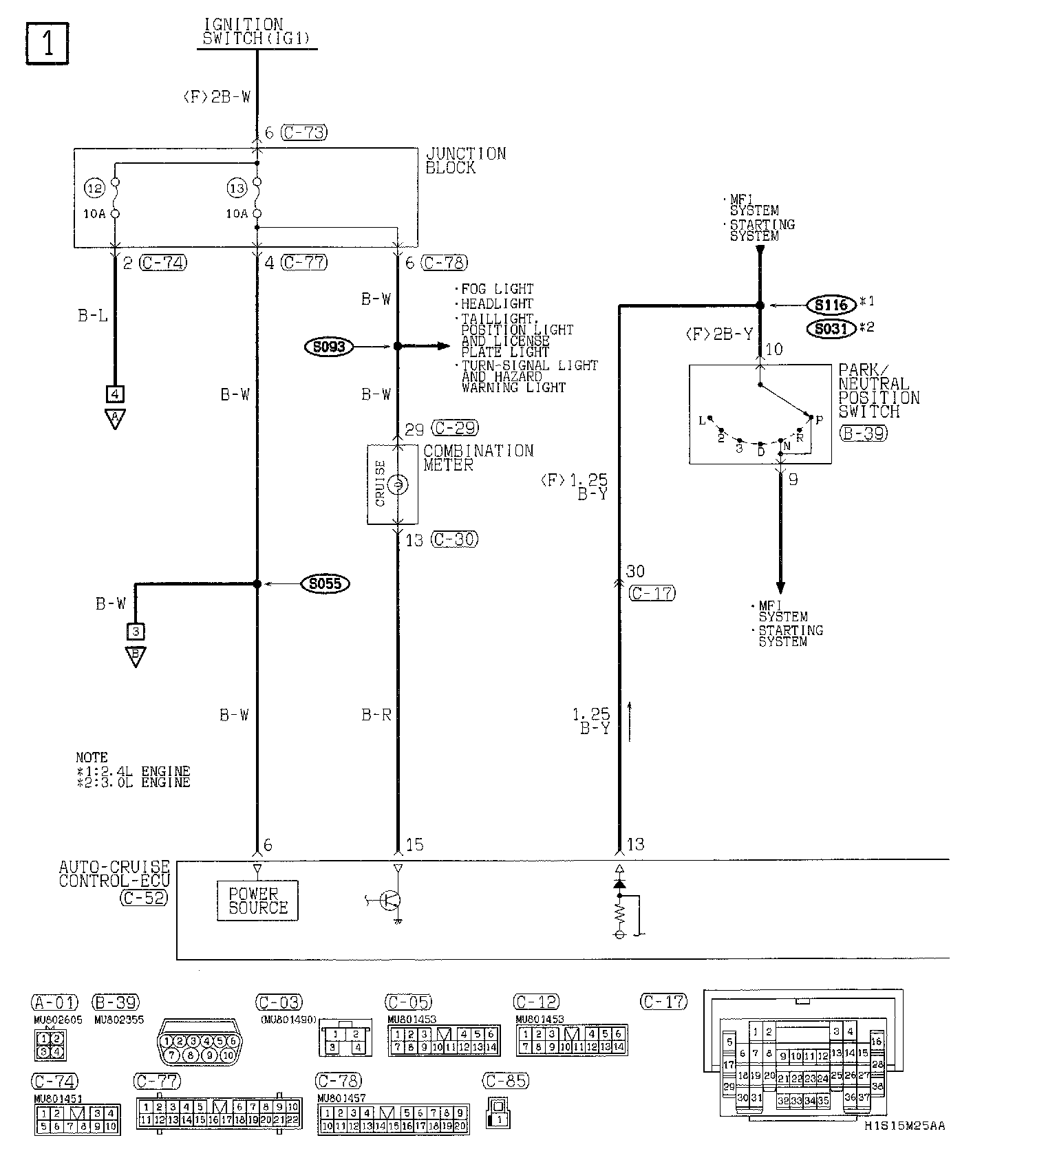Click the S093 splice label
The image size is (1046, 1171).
[328, 347]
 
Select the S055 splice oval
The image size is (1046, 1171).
[325, 584]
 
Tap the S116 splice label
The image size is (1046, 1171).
[831, 305]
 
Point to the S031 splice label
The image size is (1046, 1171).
[831, 329]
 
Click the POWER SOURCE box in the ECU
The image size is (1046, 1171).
[258, 901]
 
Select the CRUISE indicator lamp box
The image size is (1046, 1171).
[392, 484]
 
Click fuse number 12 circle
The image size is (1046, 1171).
[94, 187]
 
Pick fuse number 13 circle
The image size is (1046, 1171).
[237, 187]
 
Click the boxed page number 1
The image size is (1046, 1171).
[47, 44]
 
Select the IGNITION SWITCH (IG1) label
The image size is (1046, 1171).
[255, 33]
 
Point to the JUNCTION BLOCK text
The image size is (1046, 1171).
[465, 160]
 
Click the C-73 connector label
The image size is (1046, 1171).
[305, 132]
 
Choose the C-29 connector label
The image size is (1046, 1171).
[454, 428]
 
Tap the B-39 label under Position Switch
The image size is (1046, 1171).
[863, 433]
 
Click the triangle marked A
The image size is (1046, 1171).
[115, 418]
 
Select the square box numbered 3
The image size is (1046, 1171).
[136, 631]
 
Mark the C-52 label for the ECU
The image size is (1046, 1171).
[144, 897]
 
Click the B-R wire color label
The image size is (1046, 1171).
[376, 715]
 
